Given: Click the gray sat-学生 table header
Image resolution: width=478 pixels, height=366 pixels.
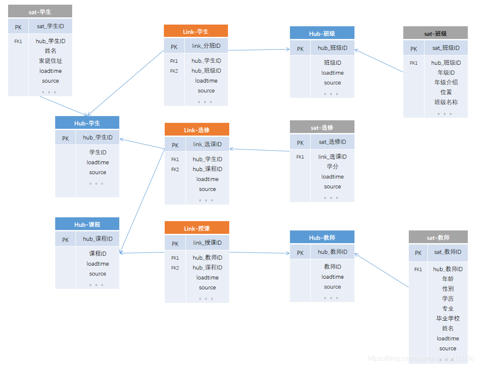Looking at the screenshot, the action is pos(40,12).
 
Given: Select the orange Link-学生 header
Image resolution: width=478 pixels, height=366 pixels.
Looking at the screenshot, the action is pos(196,31).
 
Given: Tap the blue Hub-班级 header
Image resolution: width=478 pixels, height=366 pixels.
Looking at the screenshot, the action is pos(322,33).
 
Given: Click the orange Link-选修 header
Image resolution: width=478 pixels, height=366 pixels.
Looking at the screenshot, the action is pos(197,130).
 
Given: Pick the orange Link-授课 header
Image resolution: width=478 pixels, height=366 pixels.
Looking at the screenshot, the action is pos(197,228).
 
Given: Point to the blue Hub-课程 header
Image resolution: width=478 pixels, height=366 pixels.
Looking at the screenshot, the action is pos(87,225).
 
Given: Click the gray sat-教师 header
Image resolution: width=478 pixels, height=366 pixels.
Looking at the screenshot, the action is pos(438,238).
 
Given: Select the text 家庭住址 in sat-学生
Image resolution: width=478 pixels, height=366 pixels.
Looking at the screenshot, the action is pos(51,61).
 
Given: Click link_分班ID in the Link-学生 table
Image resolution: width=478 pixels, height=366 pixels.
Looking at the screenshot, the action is pos(206,46).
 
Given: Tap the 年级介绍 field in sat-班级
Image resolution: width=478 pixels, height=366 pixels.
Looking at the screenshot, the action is pos(446,82).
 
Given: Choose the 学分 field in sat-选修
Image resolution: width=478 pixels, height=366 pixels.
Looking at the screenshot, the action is pos(332,166).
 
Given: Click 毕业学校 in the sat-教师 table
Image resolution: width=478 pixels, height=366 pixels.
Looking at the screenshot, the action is pos(448,318).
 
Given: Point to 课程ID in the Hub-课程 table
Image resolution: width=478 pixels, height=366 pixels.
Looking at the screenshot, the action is pos(98,253).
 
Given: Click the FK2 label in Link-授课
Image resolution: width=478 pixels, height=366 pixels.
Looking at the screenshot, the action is pos(175,268).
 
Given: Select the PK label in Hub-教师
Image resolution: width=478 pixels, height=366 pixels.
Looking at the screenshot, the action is pos(300,253).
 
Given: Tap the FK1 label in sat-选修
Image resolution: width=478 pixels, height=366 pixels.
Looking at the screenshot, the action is pos(300,157).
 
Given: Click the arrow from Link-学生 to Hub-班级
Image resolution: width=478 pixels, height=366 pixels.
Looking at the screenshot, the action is pos(259,50).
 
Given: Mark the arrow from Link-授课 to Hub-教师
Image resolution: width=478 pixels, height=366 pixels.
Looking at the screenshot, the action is pos(259,253).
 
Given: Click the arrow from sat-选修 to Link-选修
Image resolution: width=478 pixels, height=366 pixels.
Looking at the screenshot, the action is pos(259,150).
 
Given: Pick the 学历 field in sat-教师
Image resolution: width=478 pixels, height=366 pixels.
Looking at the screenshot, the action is pos(448,299).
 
